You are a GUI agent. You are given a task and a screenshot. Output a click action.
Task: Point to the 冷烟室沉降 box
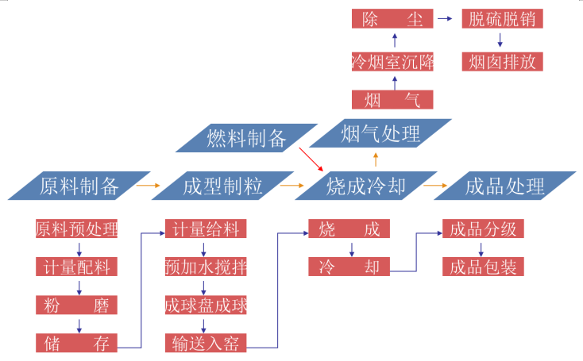point(392,60)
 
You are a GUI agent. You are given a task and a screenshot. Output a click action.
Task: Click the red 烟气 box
point(392,99)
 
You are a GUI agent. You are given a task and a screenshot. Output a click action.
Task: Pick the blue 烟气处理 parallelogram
point(380,133)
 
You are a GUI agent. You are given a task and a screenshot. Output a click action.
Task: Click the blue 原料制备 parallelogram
point(79,186)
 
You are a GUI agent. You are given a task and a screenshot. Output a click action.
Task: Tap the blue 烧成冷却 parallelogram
point(366,186)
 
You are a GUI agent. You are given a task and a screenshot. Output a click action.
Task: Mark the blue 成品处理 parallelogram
point(505,186)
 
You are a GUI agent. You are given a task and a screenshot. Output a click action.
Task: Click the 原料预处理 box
point(77,229)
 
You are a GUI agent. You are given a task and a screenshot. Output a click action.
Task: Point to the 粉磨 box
point(77,305)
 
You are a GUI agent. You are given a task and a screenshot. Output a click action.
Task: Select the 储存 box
point(77,343)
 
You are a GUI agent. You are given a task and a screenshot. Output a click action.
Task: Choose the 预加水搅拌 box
point(205,267)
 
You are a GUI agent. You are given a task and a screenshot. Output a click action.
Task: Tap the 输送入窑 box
point(205,343)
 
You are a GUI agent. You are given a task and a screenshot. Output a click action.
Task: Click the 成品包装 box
point(483,267)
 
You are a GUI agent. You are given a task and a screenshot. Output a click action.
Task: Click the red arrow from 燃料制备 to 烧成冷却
point(311,159)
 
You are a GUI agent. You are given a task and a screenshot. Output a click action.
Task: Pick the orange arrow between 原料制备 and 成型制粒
point(148,186)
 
